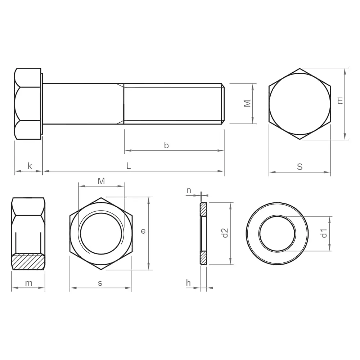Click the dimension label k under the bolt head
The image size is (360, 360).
(x=30, y=166)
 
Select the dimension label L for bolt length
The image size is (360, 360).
(x=129, y=166)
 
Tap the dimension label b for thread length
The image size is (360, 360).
(x=166, y=145)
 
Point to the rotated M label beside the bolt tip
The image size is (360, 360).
(x=247, y=104)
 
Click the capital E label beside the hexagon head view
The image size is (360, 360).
(x=340, y=101)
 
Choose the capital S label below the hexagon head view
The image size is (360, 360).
(x=300, y=167)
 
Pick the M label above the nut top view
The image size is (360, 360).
(x=101, y=181)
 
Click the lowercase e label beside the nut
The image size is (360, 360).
(x=143, y=231)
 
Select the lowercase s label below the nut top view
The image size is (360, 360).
(x=100, y=283)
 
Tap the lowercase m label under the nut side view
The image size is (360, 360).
(x=29, y=283)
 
